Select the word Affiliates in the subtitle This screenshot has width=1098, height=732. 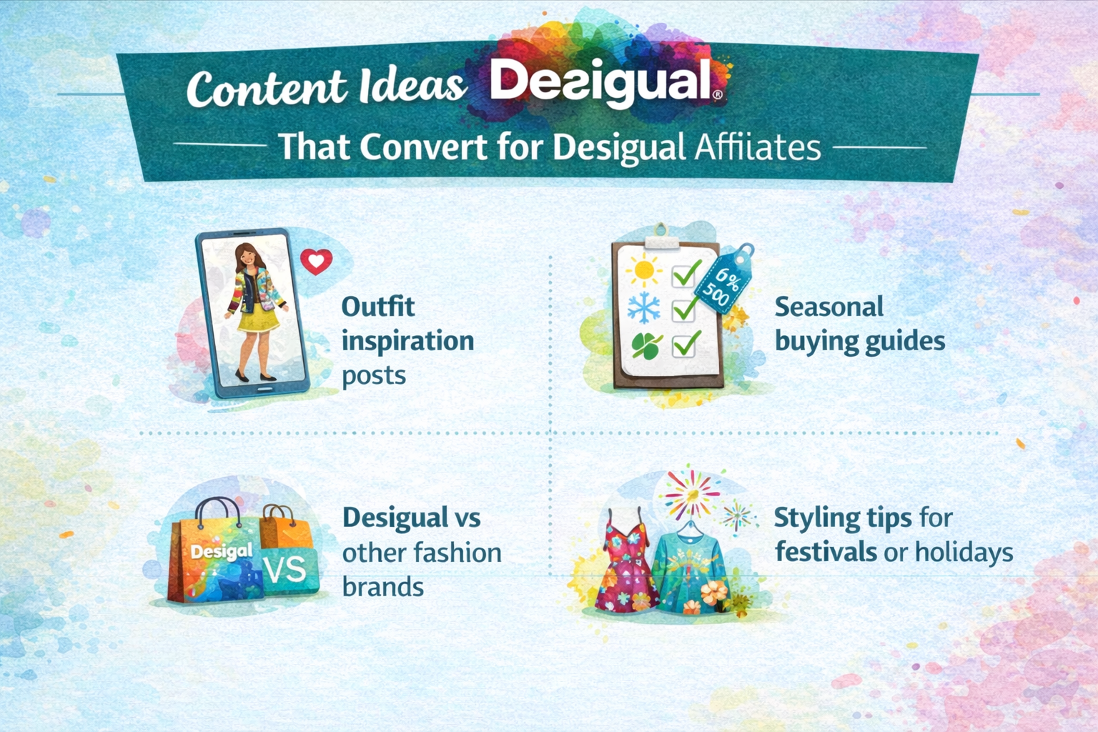tap(758, 148)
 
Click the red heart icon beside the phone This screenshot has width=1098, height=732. tap(316, 262)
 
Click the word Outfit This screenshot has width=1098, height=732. tap(377, 307)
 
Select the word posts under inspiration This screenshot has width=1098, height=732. tap(373, 375)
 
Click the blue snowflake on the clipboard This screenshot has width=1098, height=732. tap(644, 308)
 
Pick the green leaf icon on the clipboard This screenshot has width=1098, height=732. tap(646, 346)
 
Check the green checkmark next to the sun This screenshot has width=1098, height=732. tap(686, 272)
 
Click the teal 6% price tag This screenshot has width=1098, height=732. tap(723, 282)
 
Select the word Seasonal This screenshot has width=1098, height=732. tap(829, 307)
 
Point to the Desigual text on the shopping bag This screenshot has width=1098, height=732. tap(221, 551)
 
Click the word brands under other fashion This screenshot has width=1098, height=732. tap(382, 587)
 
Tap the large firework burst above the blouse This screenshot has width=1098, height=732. tap(690, 493)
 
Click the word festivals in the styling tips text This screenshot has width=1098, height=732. tap(825, 552)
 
